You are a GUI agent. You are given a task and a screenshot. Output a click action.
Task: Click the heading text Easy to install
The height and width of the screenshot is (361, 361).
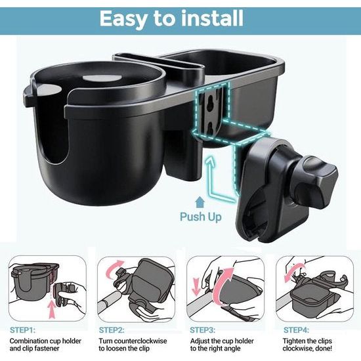pyautogui.click(x=180, y=20)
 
